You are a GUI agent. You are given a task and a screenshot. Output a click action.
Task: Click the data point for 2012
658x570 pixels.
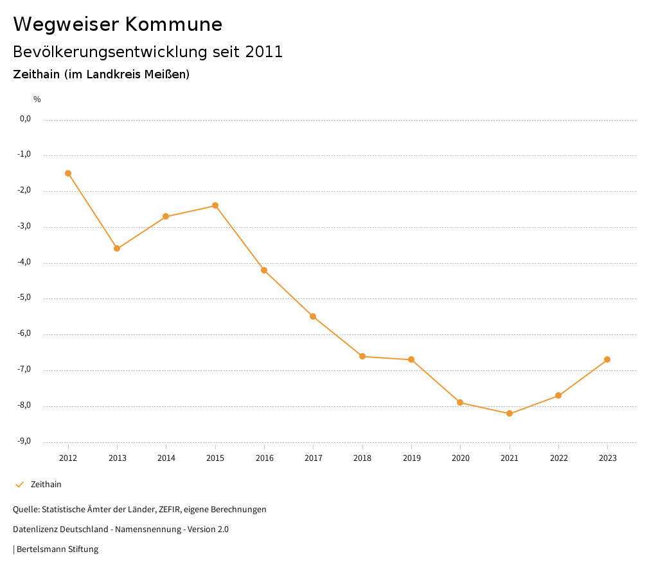pyautogui.click(x=68, y=173)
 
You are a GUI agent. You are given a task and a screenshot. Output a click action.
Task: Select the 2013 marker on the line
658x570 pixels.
pyautogui.click(x=117, y=248)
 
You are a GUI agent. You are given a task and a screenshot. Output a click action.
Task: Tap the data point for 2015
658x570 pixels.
pyautogui.click(x=215, y=205)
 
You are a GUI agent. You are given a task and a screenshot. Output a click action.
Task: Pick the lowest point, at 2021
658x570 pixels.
pyautogui.click(x=510, y=413)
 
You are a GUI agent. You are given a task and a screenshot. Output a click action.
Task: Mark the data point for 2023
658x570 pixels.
pyautogui.click(x=607, y=359)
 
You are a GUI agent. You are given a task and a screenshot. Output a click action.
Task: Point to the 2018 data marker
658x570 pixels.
pyautogui.click(x=362, y=356)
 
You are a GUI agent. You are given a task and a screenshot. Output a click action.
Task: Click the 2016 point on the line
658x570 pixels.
pyautogui.click(x=264, y=270)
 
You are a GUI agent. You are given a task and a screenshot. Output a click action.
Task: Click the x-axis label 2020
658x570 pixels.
pyautogui.click(x=461, y=458)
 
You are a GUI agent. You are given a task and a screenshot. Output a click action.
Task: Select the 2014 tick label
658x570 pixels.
pyautogui.click(x=166, y=458)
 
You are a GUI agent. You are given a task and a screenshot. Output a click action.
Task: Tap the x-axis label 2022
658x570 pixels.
pyautogui.click(x=558, y=458)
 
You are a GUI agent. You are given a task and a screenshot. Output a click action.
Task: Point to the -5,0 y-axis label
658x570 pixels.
pyautogui.click(x=24, y=298)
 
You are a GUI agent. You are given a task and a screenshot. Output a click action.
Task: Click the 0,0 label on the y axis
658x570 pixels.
pyautogui.click(x=25, y=119)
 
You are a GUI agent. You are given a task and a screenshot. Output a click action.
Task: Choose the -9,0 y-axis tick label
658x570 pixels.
pyautogui.click(x=24, y=441)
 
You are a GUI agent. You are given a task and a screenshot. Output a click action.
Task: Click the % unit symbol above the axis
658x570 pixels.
pyautogui.click(x=37, y=99)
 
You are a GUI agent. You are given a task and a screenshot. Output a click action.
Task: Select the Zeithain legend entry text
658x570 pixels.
pyautogui.click(x=46, y=485)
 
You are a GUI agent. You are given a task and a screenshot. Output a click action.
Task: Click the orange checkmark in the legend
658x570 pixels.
pyautogui.click(x=19, y=485)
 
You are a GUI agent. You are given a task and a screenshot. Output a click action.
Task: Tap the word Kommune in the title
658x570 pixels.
pyautogui.click(x=174, y=24)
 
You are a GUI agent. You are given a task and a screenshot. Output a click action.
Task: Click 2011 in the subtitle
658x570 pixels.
pyautogui.click(x=264, y=52)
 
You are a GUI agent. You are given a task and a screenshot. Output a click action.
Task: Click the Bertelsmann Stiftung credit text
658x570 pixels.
pyautogui.click(x=57, y=549)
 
